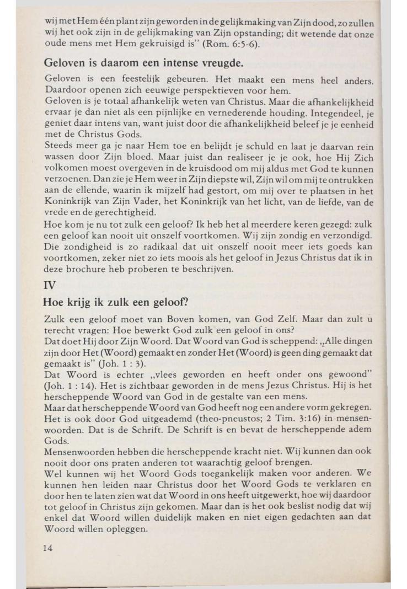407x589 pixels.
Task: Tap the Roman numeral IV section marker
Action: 50,286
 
